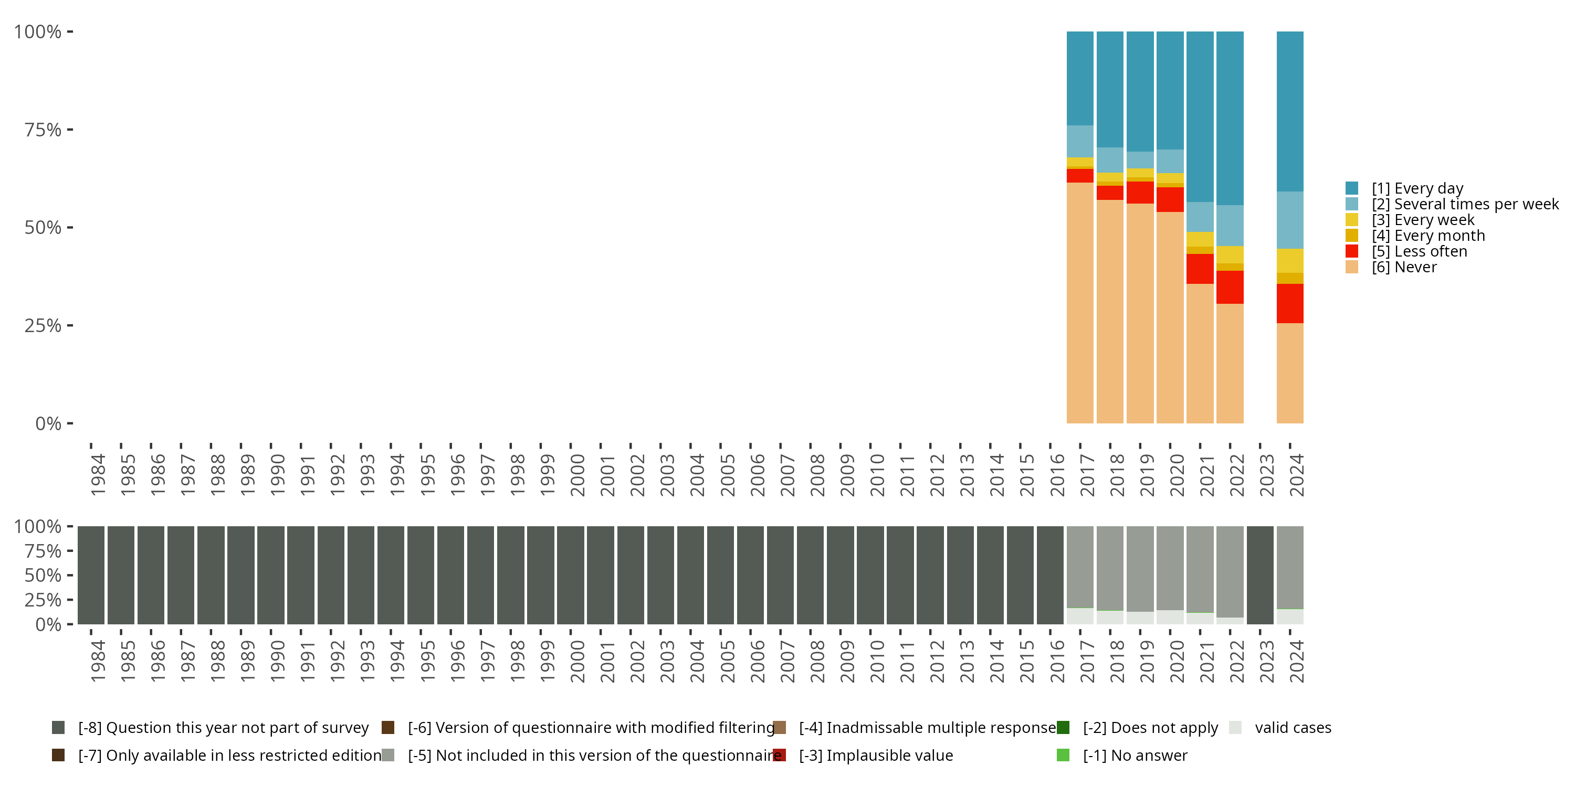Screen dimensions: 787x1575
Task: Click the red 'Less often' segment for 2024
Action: click(1289, 303)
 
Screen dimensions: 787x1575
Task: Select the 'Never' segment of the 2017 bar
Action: click(1080, 302)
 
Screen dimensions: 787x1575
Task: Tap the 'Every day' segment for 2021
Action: click(1200, 116)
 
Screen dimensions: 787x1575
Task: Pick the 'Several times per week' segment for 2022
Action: click(1230, 226)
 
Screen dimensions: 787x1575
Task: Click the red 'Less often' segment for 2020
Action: click(1170, 199)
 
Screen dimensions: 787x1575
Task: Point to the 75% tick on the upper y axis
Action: click(70, 130)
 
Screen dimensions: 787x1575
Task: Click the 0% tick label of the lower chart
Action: click(48, 624)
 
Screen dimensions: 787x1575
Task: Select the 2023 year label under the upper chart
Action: click(1266, 475)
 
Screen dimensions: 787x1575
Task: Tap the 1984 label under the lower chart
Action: click(98, 661)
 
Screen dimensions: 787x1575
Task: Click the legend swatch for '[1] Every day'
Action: click(1352, 188)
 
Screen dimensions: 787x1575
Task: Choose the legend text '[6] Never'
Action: click(1404, 267)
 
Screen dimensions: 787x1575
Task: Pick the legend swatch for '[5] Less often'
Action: click(1352, 251)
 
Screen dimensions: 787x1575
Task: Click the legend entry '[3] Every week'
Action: click(1423, 220)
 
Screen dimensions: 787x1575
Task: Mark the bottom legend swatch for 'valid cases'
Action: click(1235, 728)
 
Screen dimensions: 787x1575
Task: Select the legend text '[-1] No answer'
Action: click(1135, 755)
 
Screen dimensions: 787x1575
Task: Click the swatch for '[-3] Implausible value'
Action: click(780, 755)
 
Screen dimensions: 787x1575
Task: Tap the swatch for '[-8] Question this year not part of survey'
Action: click(58, 728)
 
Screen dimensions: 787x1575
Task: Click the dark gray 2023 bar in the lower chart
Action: click(1259, 575)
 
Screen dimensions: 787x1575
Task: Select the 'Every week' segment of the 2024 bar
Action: click(1289, 261)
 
